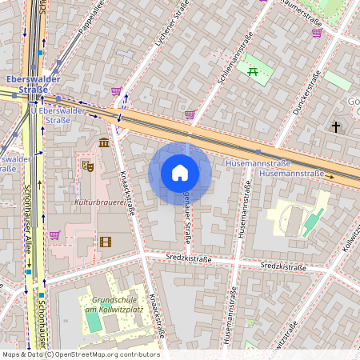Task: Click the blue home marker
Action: click(x=180, y=173)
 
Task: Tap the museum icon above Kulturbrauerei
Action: click(x=104, y=142)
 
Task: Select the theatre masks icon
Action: click(x=87, y=166)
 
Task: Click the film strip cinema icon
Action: click(x=106, y=241)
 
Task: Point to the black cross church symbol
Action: click(x=336, y=127)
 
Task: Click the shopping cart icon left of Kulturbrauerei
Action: click(x=54, y=235)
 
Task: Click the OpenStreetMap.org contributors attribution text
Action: click(x=104, y=354)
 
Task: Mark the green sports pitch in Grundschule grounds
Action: click(x=94, y=322)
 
